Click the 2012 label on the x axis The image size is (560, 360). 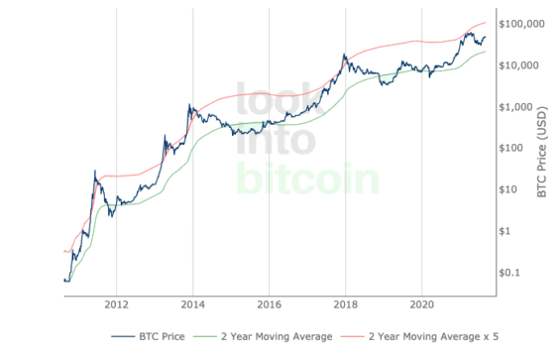pos(116,304)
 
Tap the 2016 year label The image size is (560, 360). pos(269,304)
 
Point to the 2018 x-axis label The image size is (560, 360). pos(345,304)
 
